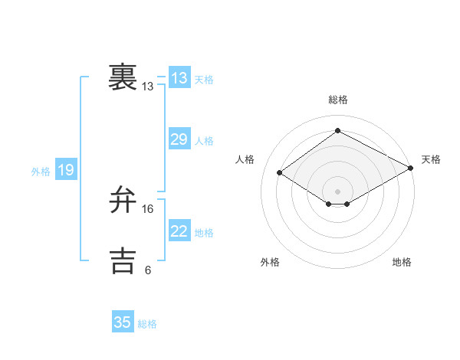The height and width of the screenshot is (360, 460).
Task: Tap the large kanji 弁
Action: (x=123, y=200)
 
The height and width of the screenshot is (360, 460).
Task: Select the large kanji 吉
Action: (x=123, y=260)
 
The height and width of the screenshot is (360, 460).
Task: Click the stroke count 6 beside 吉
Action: (x=148, y=270)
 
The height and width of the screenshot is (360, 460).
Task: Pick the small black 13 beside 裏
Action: (x=148, y=87)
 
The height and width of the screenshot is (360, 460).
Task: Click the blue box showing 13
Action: (x=179, y=78)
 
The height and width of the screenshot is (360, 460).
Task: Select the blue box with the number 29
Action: (x=179, y=139)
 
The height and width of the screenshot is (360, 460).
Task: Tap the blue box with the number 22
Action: (x=179, y=231)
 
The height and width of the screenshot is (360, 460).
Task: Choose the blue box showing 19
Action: (x=65, y=170)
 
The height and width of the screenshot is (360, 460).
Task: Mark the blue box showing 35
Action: (x=123, y=322)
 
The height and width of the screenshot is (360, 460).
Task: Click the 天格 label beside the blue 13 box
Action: (x=204, y=80)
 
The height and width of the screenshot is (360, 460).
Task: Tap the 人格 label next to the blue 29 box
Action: (x=204, y=141)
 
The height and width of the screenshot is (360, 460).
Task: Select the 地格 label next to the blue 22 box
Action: (x=204, y=232)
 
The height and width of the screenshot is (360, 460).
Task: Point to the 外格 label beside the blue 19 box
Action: (x=41, y=172)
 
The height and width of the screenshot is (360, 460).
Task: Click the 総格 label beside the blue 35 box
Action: (x=147, y=324)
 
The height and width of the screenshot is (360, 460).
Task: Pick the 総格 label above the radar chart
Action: (x=337, y=100)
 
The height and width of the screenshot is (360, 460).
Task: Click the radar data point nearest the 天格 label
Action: (x=412, y=168)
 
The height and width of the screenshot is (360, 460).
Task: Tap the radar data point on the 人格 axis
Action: (x=280, y=173)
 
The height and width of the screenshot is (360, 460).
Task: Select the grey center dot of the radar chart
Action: (x=337, y=191)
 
